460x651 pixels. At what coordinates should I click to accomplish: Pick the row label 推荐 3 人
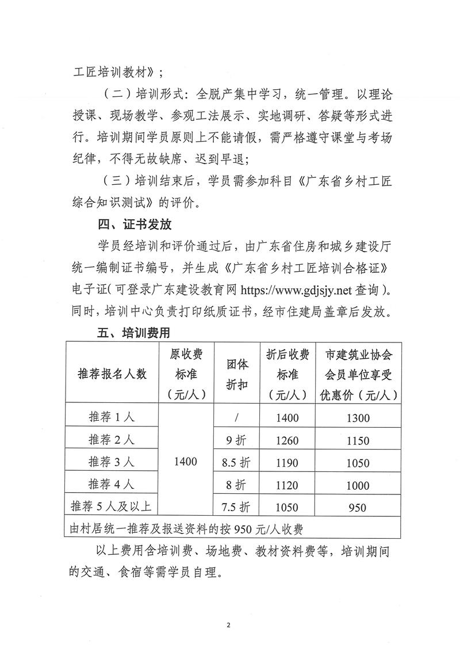point(111,461)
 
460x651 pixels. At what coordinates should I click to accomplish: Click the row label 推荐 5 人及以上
point(111,507)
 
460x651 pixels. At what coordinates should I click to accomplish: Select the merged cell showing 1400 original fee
point(185,461)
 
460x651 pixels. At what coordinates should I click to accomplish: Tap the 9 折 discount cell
point(237,440)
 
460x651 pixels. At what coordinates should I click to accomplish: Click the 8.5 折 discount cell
point(237,462)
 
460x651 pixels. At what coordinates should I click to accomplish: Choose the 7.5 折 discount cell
point(237,507)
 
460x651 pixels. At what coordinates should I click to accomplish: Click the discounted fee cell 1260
point(287,440)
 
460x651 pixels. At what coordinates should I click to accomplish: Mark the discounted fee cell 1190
point(287,462)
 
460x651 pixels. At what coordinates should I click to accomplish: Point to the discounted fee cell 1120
point(287,485)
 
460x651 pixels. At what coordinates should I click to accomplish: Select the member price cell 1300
point(358,418)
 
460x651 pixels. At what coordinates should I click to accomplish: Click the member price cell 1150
point(358,440)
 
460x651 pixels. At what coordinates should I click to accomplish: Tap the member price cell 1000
point(358,485)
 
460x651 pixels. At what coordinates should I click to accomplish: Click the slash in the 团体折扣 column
point(236,417)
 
